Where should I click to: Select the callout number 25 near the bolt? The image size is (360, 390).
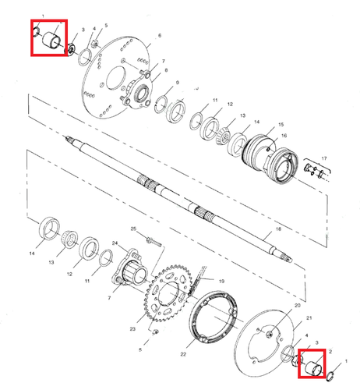pos(134,229)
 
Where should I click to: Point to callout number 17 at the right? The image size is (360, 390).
pos(325,159)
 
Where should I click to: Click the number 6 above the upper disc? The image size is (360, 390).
pos(159,36)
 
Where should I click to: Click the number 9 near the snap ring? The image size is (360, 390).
pos(177,83)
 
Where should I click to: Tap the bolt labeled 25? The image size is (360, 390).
pos(150,241)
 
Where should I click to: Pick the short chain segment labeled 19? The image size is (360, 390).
pos(205,279)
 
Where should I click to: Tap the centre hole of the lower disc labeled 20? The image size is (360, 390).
pos(269,335)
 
